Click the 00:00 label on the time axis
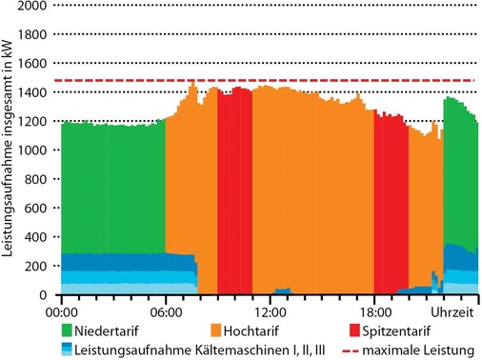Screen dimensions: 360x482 tap(61, 310)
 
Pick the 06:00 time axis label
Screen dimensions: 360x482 tap(165, 310)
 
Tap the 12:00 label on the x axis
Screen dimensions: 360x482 tap(270, 310)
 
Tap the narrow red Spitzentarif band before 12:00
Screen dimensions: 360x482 tap(234, 190)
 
